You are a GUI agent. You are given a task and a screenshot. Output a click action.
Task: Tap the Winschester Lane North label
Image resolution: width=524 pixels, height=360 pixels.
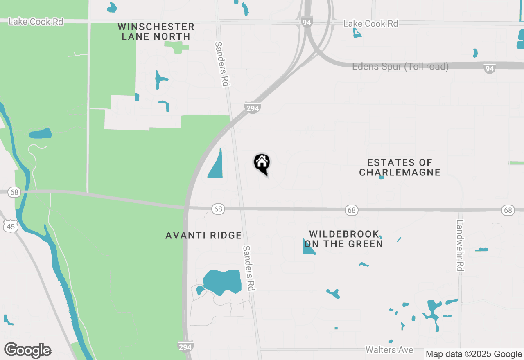pyautogui.click(x=156, y=32)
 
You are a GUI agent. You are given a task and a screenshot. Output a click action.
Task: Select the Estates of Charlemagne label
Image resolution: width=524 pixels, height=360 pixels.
pyautogui.click(x=400, y=168)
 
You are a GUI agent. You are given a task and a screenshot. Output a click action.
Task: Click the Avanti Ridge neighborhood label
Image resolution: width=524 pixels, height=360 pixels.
pyautogui.click(x=203, y=235)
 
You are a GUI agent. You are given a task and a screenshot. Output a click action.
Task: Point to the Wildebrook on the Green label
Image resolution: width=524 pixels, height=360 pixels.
pyautogui.click(x=346, y=239)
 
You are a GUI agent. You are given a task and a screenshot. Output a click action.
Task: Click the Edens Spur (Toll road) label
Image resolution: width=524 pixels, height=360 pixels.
pyautogui.click(x=400, y=66)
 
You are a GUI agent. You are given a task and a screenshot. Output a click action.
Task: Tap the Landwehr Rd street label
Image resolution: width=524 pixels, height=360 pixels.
pyautogui.click(x=460, y=245)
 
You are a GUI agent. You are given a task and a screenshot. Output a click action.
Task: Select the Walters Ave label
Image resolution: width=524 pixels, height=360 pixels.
pyautogui.click(x=389, y=350)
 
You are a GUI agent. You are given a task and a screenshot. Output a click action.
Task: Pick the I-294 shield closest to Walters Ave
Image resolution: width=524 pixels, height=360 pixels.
pyautogui.click(x=185, y=346)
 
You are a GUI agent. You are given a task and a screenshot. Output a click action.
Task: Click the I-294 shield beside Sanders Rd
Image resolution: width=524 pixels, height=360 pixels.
pyautogui.click(x=253, y=108)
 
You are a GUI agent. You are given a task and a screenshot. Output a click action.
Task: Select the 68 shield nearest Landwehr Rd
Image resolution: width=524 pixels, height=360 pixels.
pyautogui.click(x=508, y=210)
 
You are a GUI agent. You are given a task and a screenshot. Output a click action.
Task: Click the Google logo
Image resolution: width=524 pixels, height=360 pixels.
pyautogui.click(x=27, y=350)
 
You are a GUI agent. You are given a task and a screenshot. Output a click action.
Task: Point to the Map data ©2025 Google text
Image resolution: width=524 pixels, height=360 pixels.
pyautogui.click(x=474, y=354)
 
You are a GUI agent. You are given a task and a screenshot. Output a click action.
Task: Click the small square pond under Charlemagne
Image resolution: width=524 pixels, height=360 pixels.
pyautogui.click(x=382, y=177)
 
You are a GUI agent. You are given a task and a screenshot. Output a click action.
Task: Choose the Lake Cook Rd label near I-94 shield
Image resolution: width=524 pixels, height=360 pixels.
pyautogui.click(x=370, y=24)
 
